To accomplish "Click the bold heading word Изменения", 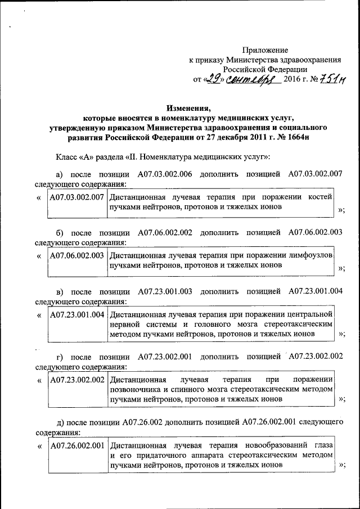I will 188,108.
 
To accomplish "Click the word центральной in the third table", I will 307,314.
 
